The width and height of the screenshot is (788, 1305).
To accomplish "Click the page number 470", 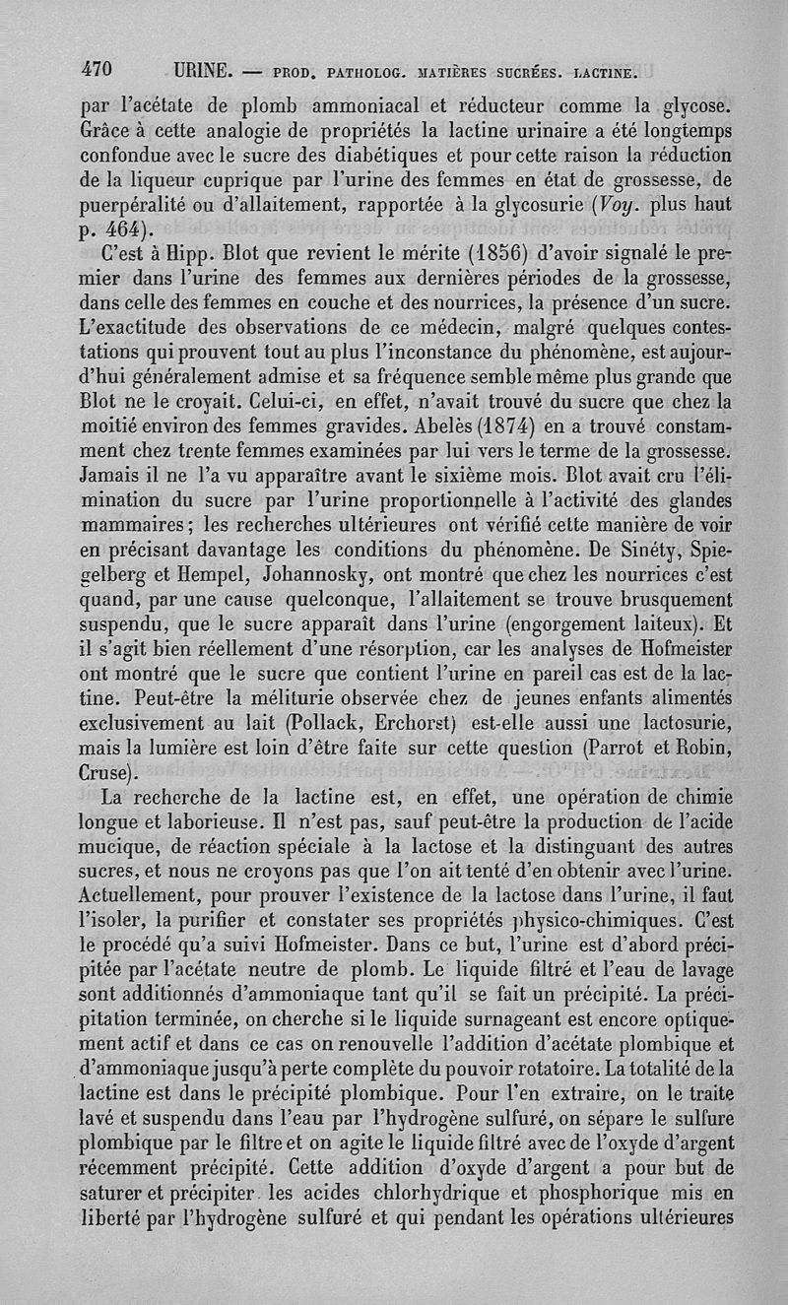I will [x=98, y=70].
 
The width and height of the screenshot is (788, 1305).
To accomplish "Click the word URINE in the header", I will [x=203, y=71].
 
